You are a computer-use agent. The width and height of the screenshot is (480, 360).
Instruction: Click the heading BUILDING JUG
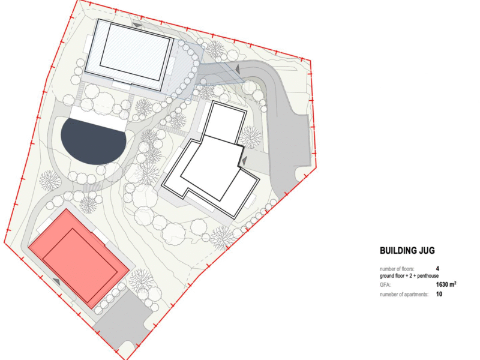[x=407, y=250]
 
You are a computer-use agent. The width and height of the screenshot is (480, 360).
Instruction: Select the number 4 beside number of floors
[x=438, y=269]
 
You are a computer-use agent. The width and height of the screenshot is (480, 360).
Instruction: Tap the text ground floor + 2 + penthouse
[x=409, y=276]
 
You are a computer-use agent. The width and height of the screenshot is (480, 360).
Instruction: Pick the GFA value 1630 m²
[x=446, y=284]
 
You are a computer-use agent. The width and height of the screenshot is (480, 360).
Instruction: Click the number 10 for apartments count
[x=439, y=294]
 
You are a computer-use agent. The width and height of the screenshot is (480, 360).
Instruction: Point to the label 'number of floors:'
[x=397, y=269]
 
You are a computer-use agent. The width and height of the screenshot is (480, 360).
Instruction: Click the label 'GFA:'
[x=385, y=285]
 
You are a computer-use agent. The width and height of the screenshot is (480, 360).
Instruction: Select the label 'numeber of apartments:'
[x=404, y=295]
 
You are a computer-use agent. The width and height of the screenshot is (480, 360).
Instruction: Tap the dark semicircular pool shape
[x=94, y=143]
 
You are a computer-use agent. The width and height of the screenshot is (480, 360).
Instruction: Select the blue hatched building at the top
[x=128, y=54]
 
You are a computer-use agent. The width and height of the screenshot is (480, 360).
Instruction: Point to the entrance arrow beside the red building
[x=56, y=281]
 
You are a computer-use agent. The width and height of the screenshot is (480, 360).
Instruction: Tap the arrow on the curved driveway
[x=237, y=69]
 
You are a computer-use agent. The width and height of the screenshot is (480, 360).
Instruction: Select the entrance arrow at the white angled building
[x=244, y=160]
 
